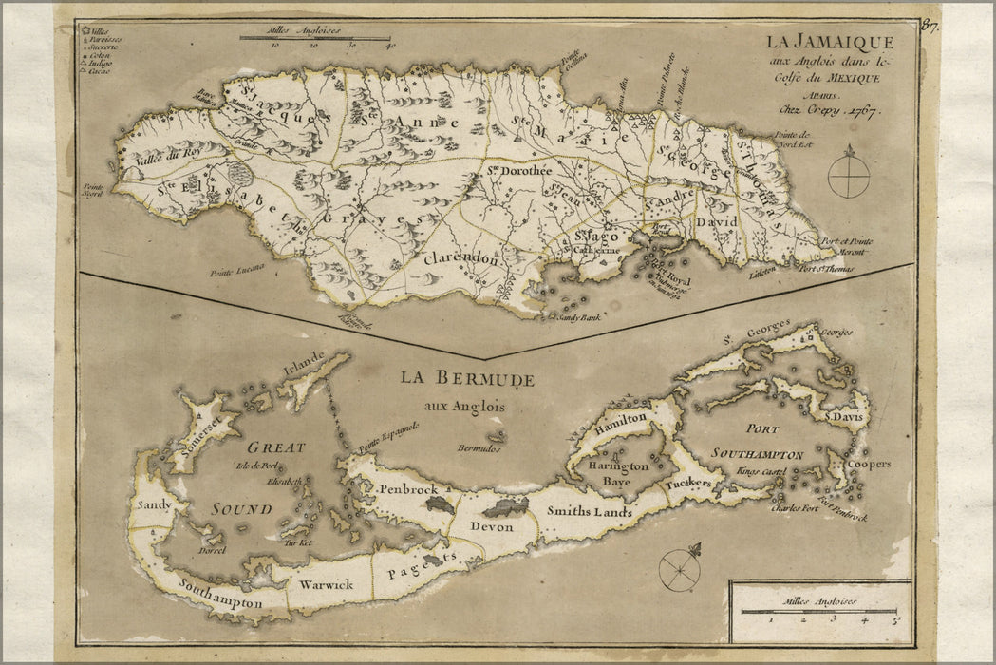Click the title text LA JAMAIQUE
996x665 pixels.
coord(830,42)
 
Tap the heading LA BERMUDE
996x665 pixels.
coord(466,378)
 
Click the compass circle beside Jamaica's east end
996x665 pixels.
coord(848,177)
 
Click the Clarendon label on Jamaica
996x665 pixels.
coord(460,258)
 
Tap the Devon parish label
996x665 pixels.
coord(492,526)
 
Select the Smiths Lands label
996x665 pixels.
coord(589,511)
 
